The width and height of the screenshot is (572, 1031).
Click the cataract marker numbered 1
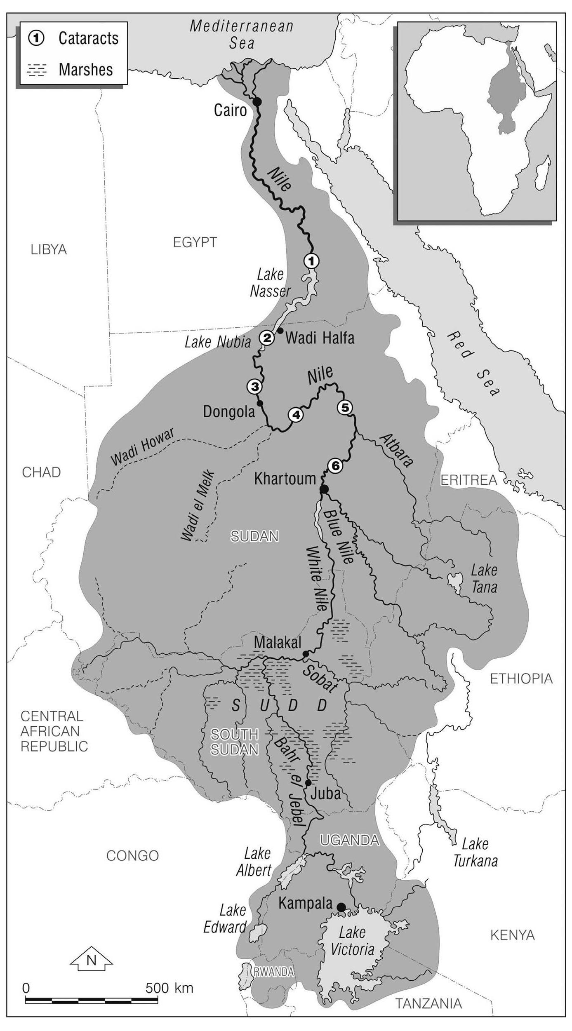(x=311, y=261)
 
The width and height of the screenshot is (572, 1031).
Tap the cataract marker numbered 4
(x=296, y=415)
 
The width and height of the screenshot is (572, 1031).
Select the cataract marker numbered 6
(x=335, y=466)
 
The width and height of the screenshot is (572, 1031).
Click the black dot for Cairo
(x=257, y=101)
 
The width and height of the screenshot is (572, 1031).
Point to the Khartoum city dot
(x=324, y=489)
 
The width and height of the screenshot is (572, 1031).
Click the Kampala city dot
(x=341, y=907)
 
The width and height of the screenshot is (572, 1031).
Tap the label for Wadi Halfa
(x=320, y=338)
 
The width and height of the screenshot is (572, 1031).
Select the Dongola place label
(x=229, y=411)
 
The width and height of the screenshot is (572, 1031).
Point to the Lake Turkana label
(x=475, y=852)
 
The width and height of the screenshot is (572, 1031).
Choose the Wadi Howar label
(x=142, y=446)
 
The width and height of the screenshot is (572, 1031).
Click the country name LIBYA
(x=49, y=249)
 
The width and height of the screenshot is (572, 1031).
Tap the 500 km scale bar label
(x=169, y=988)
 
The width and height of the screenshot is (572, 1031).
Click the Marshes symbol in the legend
(x=36, y=70)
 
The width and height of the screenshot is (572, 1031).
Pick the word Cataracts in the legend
(x=88, y=38)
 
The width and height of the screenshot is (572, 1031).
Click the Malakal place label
(x=278, y=642)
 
